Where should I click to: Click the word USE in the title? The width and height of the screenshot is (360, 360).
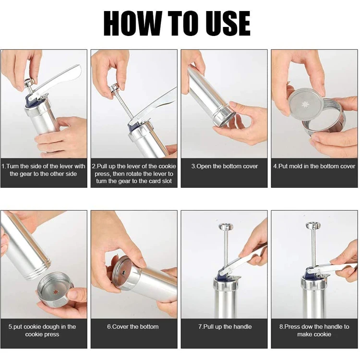226,24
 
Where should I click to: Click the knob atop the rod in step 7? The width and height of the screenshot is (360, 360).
226,227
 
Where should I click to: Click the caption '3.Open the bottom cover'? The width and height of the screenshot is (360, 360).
225,166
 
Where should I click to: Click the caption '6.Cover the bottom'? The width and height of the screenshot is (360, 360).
132,326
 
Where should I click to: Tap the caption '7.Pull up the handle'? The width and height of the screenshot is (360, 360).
225,326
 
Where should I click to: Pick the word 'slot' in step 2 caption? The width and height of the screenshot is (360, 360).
166,181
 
